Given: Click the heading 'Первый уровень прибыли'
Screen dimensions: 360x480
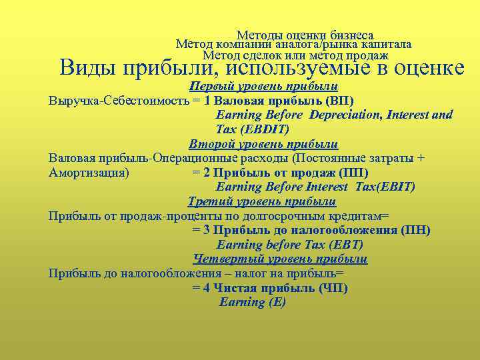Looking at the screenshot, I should [263, 87].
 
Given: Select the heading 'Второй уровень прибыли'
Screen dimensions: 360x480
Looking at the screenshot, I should [263, 144].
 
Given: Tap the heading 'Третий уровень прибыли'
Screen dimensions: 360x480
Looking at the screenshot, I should [262, 201].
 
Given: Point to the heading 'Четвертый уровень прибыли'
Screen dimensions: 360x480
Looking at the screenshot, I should [280, 259].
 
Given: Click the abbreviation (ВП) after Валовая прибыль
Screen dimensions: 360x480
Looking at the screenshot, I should [340, 101].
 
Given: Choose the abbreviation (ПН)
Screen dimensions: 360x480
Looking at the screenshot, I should [416, 230].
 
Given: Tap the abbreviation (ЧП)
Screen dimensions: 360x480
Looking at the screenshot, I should [333, 288].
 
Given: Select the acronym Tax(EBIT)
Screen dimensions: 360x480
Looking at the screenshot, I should [385, 187].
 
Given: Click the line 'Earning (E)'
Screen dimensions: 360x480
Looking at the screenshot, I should [253, 302].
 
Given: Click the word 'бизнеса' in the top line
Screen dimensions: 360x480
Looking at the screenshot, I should [350, 35].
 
